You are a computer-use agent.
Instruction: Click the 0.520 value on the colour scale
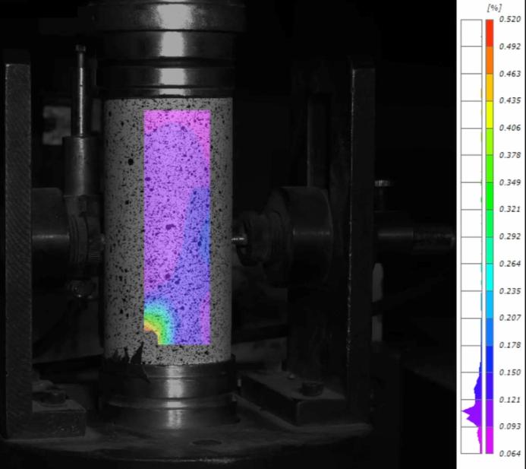(509, 19)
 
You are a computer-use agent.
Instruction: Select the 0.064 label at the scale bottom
(509, 454)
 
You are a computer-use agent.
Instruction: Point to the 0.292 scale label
(509, 236)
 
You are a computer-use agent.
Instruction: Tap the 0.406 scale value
(509, 128)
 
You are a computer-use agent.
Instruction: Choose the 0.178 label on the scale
(509, 345)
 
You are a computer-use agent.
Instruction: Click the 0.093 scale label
(509, 426)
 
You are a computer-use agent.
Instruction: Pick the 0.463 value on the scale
(509, 74)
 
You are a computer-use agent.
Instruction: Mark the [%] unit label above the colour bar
(494, 8)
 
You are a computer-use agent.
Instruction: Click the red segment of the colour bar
(490, 33)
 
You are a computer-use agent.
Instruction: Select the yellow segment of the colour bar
(490, 114)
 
